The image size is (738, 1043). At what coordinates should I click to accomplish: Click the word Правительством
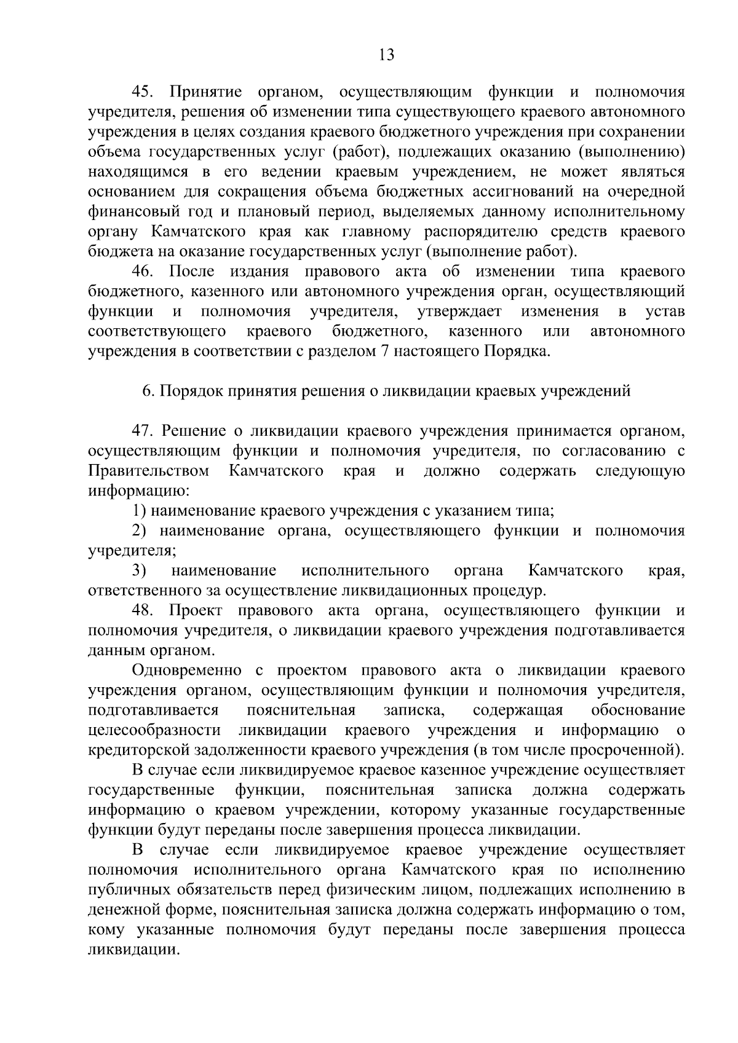coord(148,471)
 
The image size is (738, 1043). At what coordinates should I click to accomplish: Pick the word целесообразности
coord(154,730)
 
